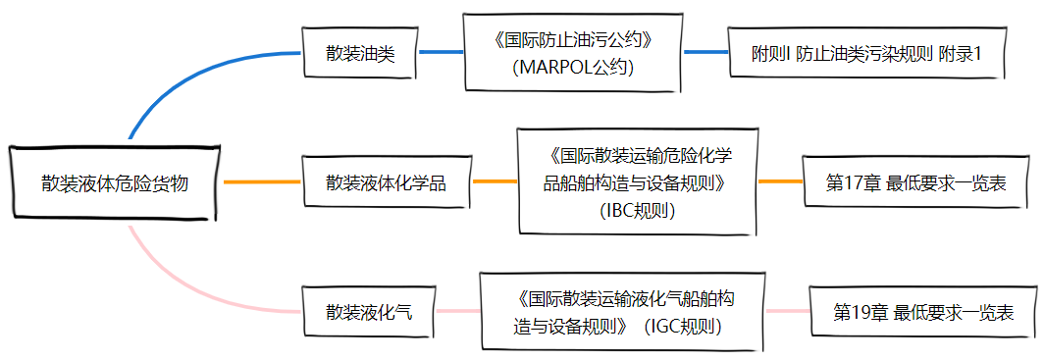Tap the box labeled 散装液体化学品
386,182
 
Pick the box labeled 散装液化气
369,313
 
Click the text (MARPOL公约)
573,69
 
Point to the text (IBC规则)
637,210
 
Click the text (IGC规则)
684,327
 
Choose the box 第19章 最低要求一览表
922,313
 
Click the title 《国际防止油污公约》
573,43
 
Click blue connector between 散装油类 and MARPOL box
441,51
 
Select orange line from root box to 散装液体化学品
261,182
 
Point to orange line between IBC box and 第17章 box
780,181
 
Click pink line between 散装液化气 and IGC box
456,312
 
